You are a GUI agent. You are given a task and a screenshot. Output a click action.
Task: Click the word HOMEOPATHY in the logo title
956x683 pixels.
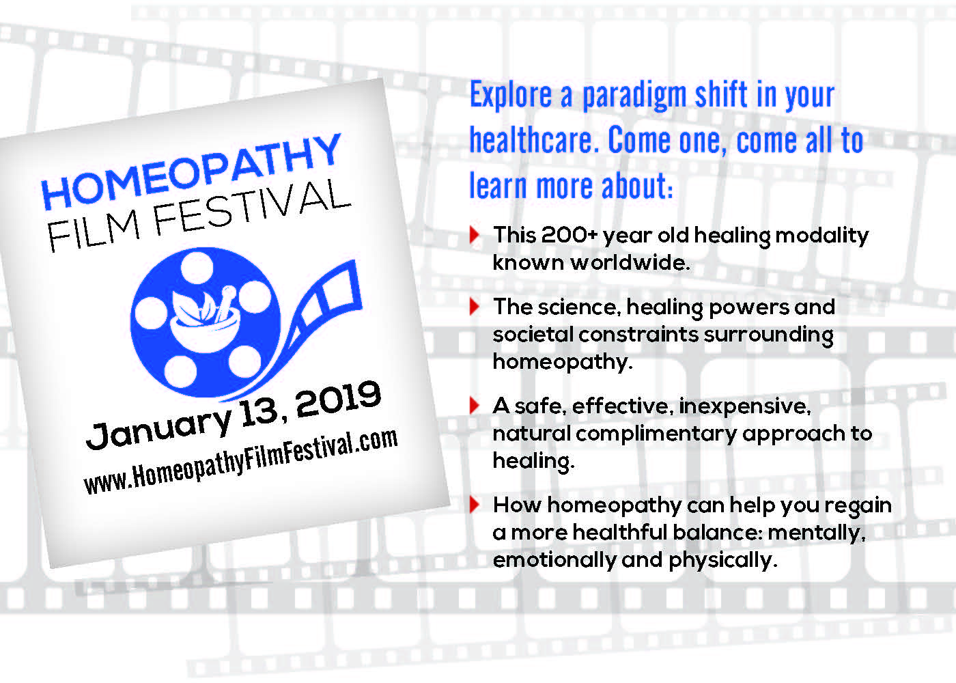tap(191, 171)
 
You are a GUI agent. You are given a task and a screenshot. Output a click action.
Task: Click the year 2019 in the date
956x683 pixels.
tap(338, 400)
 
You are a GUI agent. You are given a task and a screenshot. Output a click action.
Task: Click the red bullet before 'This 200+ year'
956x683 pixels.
tap(475, 235)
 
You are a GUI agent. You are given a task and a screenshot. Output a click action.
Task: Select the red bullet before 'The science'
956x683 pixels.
tap(475, 307)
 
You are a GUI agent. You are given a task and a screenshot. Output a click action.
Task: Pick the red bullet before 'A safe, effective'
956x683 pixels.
tap(475, 406)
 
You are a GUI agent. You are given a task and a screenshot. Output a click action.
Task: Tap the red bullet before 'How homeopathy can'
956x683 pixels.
tap(475, 505)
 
